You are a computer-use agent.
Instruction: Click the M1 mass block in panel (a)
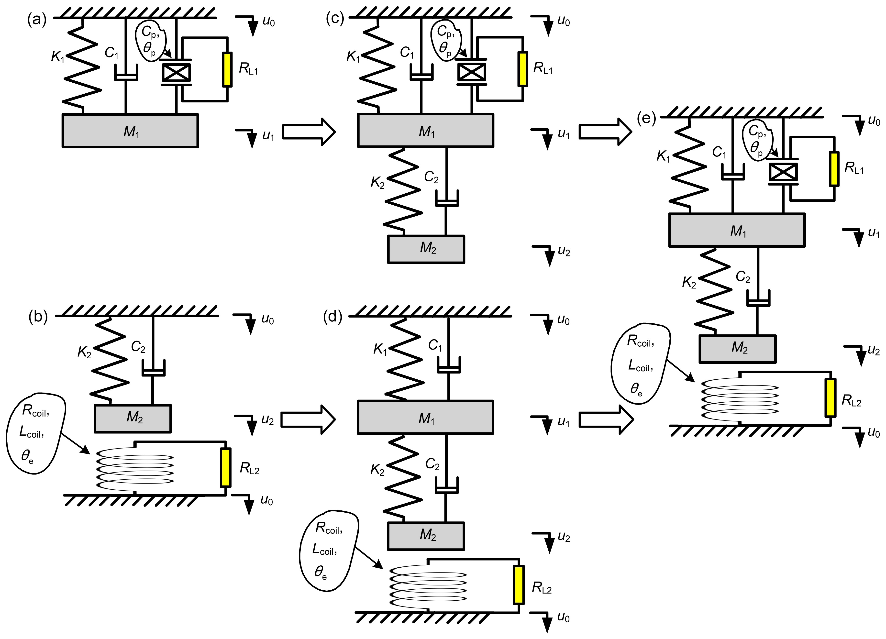(130, 131)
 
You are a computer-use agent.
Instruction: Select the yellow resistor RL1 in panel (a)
(227, 69)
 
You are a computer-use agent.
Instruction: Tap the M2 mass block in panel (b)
(133, 418)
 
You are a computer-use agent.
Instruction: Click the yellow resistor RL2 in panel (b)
(225, 468)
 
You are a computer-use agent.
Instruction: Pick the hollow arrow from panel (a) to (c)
(309, 132)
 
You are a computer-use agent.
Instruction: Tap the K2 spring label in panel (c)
(377, 182)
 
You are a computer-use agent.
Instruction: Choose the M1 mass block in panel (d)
(425, 417)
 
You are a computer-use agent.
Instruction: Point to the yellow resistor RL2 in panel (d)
(519, 585)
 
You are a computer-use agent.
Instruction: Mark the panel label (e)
(646, 118)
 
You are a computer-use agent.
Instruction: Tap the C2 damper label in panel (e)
(743, 277)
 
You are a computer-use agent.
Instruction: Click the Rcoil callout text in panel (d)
(329, 528)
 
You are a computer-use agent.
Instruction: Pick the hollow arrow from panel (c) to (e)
(605, 132)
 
